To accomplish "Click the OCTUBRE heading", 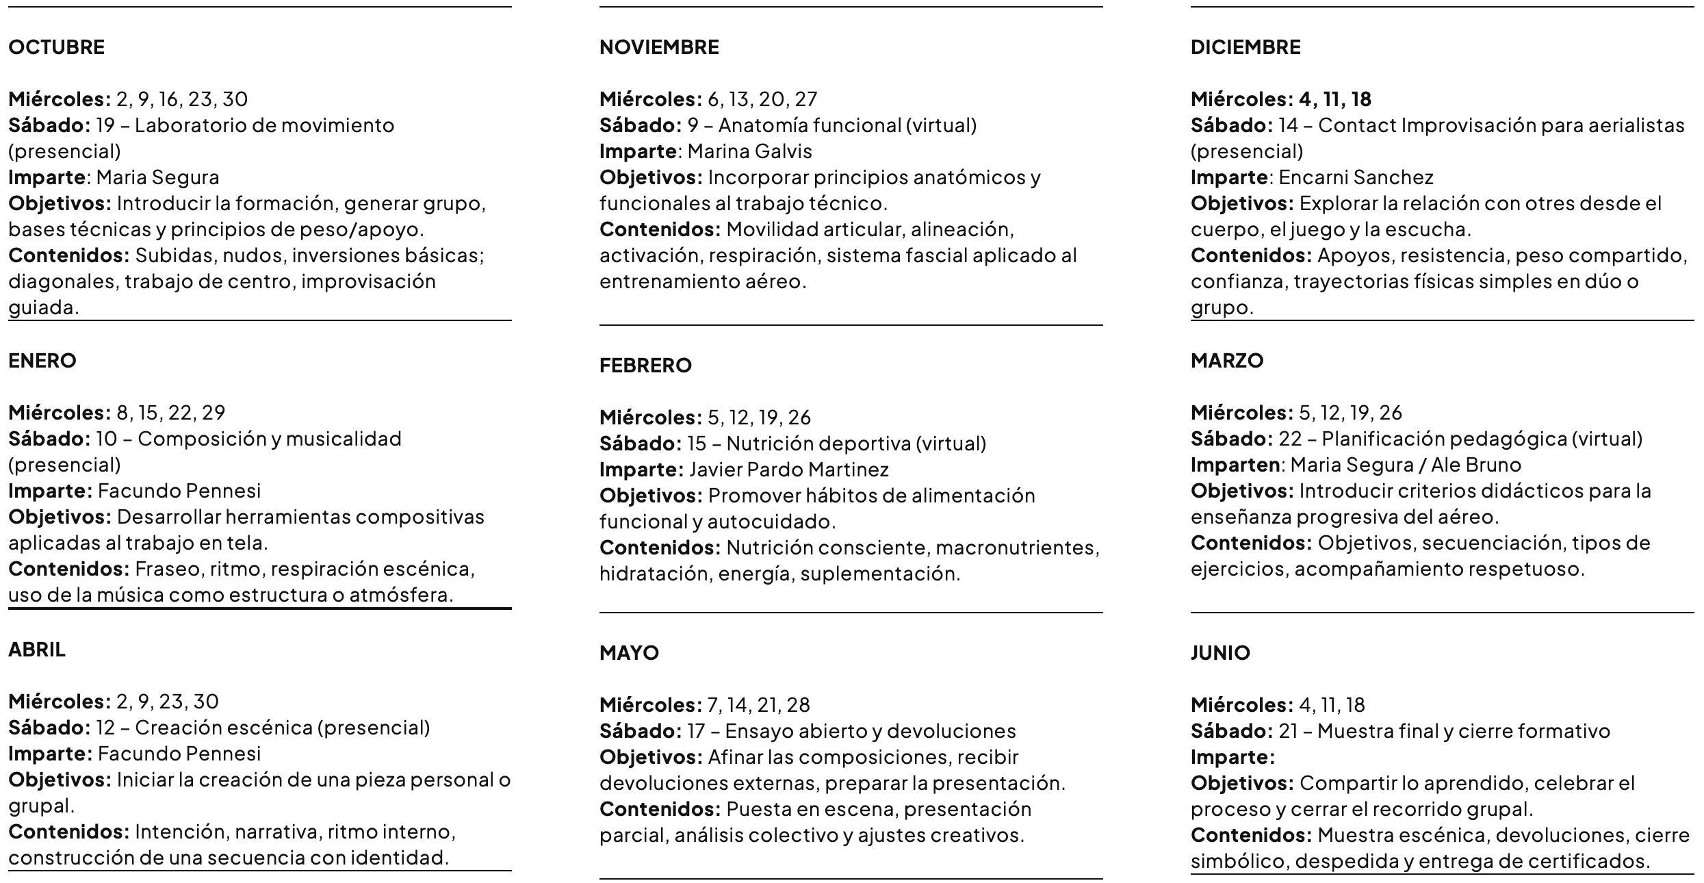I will point(56,47).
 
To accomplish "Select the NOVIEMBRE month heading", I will point(659,47).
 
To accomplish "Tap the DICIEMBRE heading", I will point(1245,47).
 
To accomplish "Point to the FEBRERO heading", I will point(645,366).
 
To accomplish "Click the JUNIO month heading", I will point(1220,653).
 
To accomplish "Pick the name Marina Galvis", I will point(749,151).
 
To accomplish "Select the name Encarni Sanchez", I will point(1356,177).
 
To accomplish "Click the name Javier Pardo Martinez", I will point(788,470).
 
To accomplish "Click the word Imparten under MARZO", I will point(1235,465).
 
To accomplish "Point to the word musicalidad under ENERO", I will point(343,439).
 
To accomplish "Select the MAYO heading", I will point(629,653).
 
